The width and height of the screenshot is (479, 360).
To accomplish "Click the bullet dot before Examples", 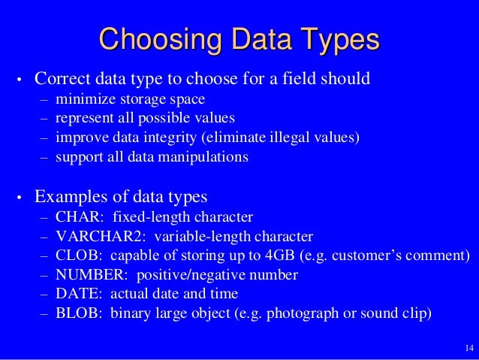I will tap(20, 200).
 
